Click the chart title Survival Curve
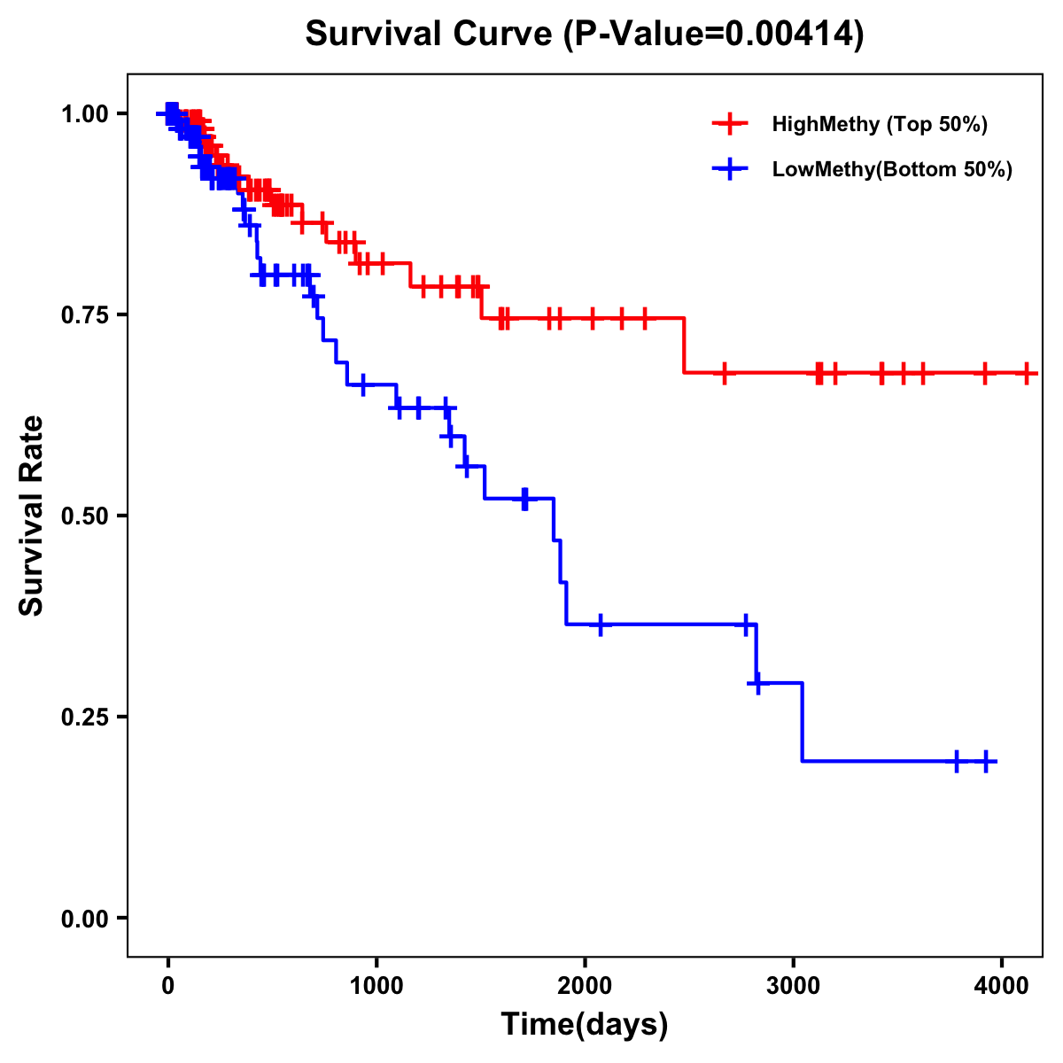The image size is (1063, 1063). click(x=585, y=34)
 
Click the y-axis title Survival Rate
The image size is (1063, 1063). click(x=32, y=515)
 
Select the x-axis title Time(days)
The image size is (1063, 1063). click(x=585, y=1025)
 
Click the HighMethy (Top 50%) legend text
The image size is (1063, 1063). click(x=880, y=124)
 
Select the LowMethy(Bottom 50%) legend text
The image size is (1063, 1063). click(x=892, y=169)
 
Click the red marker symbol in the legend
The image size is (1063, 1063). click(x=730, y=124)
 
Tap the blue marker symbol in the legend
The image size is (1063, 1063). click(x=730, y=169)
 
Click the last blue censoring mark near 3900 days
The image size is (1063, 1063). click(x=986, y=761)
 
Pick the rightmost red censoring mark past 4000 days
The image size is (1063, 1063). click(x=1026, y=373)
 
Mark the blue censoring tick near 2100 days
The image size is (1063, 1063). click(x=601, y=625)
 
